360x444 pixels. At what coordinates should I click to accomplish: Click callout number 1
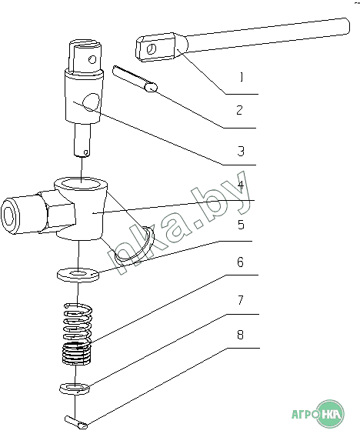click(241, 77)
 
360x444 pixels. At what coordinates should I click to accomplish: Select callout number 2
click(239, 110)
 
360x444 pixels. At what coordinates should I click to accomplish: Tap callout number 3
click(241, 151)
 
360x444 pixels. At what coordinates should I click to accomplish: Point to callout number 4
click(241, 185)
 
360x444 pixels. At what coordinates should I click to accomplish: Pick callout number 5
click(241, 225)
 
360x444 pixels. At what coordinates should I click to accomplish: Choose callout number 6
click(240, 262)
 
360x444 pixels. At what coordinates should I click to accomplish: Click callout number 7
click(241, 300)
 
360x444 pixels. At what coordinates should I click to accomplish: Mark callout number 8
click(240, 335)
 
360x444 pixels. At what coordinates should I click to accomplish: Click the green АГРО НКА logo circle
click(330, 414)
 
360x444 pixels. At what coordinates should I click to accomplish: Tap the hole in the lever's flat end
click(151, 49)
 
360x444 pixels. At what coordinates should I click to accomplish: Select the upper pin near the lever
click(135, 78)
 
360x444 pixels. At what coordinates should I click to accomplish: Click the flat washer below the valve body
click(78, 275)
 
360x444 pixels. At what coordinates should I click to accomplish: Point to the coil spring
click(77, 334)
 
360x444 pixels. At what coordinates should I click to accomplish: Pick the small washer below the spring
click(75, 388)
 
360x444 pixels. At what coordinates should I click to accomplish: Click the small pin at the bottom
click(76, 422)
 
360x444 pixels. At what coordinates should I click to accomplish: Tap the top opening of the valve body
click(81, 184)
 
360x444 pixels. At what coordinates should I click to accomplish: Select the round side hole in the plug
click(91, 102)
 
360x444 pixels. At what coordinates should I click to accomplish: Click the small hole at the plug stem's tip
click(85, 152)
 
